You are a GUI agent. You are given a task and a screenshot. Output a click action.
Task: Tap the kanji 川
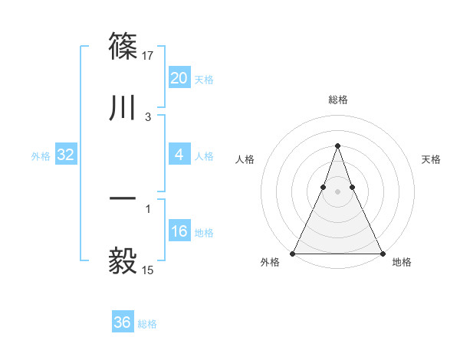[x=124, y=107]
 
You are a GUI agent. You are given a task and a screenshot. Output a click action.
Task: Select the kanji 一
[x=124, y=198]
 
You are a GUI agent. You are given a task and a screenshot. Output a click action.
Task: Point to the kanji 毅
[x=124, y=260]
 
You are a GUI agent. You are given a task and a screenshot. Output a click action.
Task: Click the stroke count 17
[x=149, y=56]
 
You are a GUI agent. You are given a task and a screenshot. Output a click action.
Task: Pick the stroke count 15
[x=149, y=270]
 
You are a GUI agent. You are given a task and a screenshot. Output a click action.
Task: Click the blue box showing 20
[x=179, y=78]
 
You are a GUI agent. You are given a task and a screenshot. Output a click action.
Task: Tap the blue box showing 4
[x=179, y=155]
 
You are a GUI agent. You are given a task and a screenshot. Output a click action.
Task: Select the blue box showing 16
[x=179, y=231]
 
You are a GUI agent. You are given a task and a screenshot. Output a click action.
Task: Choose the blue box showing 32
[x=66, y=155]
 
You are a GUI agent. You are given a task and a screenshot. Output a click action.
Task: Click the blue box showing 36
[x=123, y=322]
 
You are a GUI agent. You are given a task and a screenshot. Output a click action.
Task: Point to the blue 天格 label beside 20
[x=204, y=80]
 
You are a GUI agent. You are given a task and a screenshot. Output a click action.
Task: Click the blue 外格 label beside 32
[x=41, y=156]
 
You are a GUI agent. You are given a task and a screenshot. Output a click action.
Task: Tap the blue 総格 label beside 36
[x=147, y=324]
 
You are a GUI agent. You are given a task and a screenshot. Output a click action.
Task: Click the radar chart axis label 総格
[x=338, y=100]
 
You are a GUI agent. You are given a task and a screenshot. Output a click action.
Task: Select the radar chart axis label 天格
[x=432, y=159]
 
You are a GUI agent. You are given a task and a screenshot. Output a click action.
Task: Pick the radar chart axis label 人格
[x=245, y=159]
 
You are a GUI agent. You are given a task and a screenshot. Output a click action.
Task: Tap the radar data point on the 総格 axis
[x=337, y=146]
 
